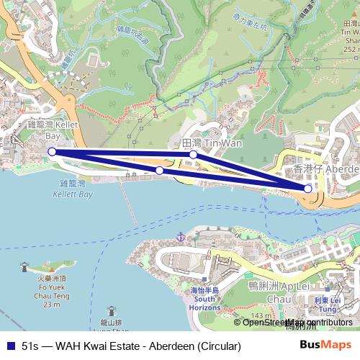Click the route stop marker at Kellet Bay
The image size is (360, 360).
coord(52,151)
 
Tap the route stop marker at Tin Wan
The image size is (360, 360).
coord(193,155)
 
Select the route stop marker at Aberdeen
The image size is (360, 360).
coord(308,189)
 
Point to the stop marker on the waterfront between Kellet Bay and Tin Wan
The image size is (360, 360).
coord(159,171)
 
